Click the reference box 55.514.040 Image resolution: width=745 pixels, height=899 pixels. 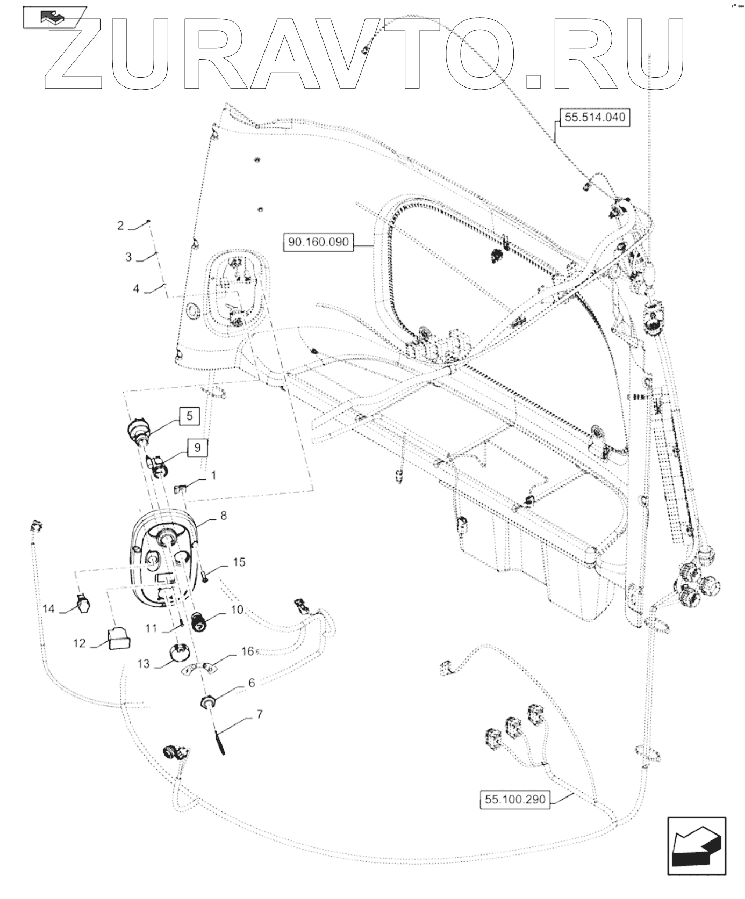595,117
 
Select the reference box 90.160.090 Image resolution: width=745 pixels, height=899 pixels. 318,242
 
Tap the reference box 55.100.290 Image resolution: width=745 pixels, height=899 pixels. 515,815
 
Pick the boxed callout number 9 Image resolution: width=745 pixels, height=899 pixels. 197,447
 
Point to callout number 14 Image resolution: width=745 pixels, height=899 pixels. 49,609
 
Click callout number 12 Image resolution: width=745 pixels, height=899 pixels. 80,643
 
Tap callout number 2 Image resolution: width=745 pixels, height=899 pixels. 120,226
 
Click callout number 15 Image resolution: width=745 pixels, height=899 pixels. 239,562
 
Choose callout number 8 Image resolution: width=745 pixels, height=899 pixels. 224,516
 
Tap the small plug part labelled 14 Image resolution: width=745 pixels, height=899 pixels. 83,604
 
